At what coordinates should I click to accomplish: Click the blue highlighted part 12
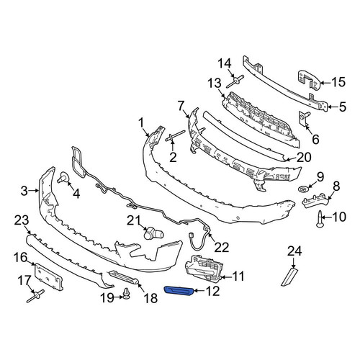point(179,290)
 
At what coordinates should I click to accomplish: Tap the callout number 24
point(294,251)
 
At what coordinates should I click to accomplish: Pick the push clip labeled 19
point(126,294)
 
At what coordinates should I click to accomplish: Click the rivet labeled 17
point(35,296)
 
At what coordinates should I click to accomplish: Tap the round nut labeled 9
point(303,189)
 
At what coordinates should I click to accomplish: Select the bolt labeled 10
point(320,218)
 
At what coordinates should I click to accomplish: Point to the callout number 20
point(304,157)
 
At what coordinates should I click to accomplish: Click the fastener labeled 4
point(63,178)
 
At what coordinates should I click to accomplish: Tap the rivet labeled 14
point(235,82)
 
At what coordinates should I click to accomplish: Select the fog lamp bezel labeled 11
point(204,268)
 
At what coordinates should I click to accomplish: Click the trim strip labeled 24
point(289,277)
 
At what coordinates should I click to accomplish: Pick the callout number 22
point(222,247)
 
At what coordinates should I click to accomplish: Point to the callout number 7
point(181,106)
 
